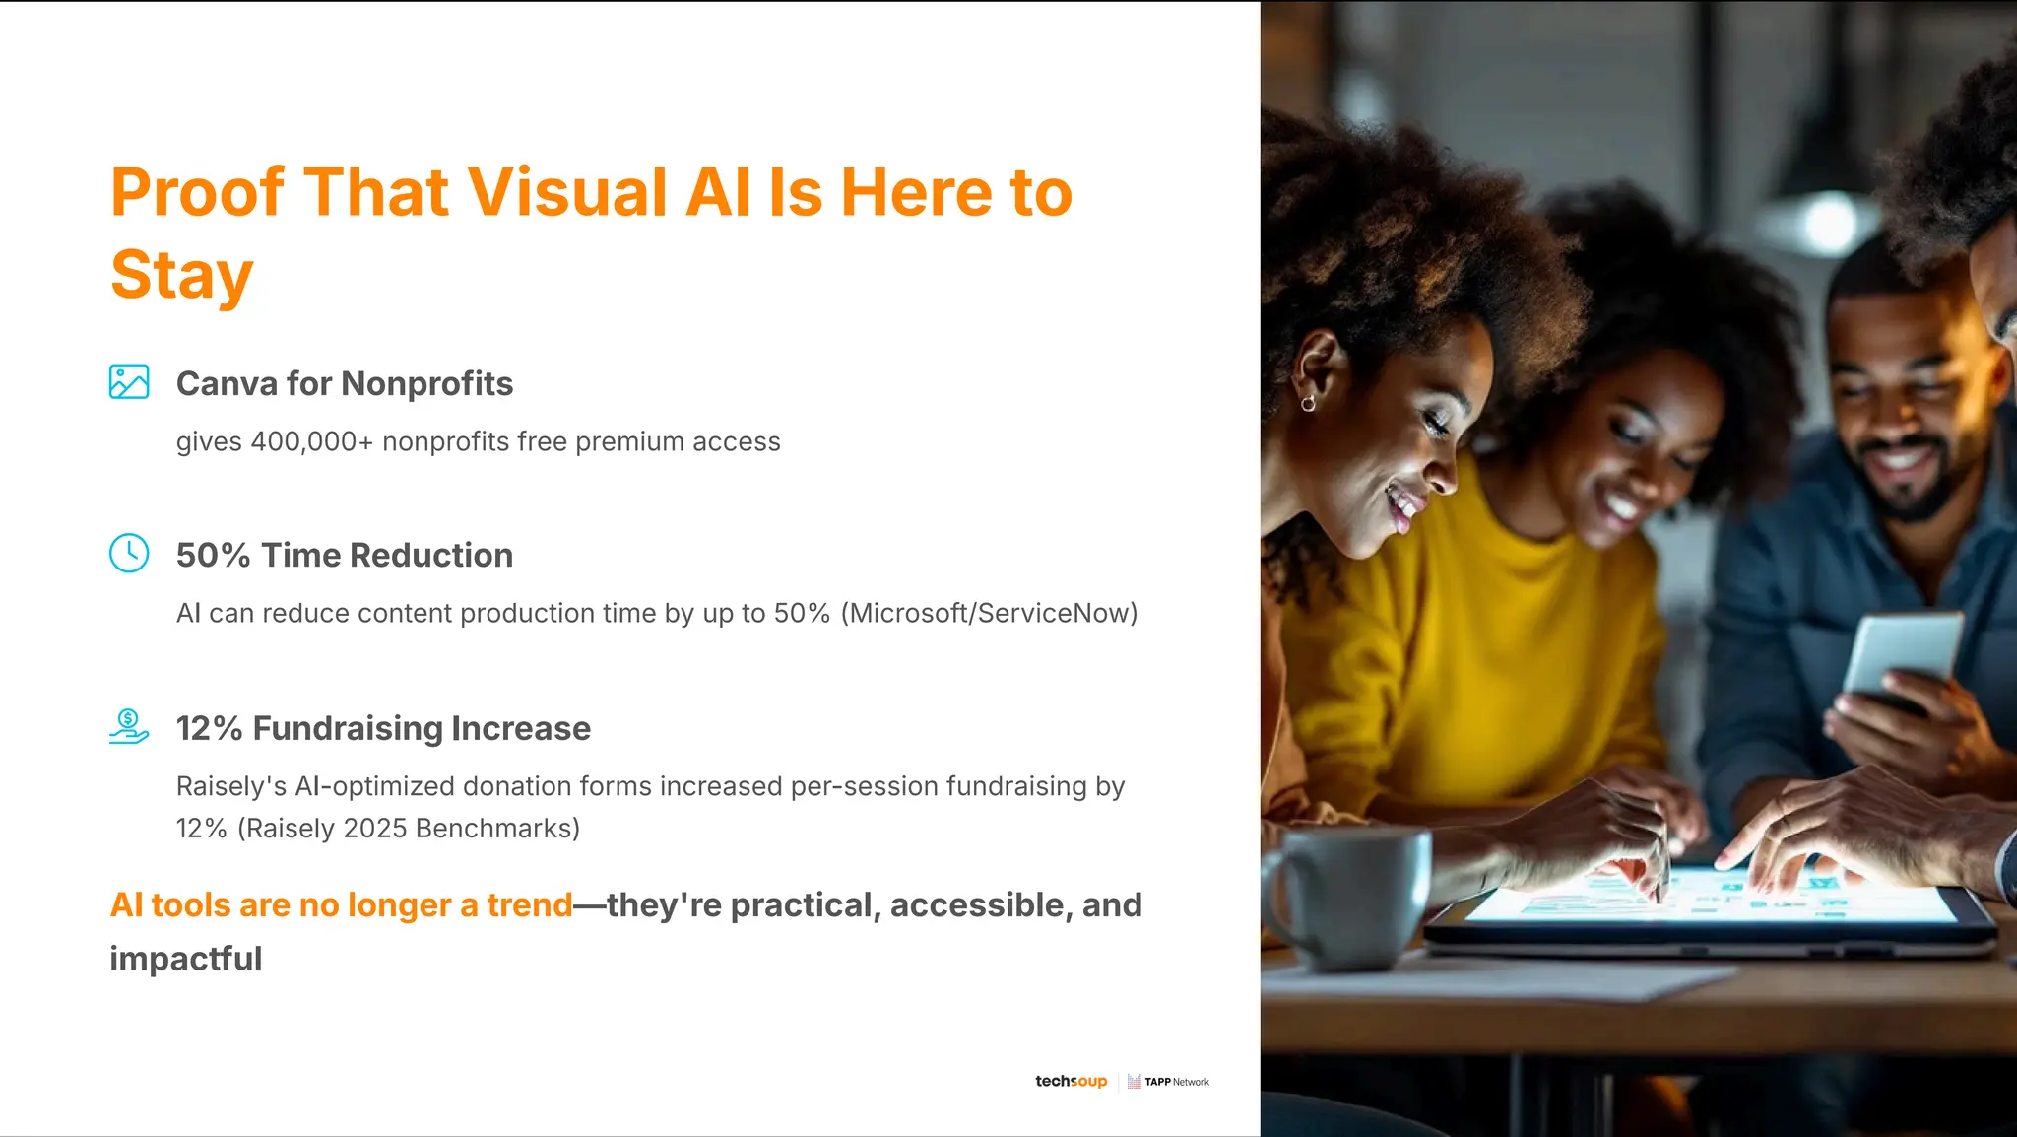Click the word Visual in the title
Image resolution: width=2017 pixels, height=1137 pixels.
tap(567, 192)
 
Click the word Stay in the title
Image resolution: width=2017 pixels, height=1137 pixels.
tap(182, 275)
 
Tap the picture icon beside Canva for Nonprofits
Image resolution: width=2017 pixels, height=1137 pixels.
tap(129, 382)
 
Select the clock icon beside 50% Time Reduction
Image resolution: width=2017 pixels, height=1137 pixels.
tap(129, 553)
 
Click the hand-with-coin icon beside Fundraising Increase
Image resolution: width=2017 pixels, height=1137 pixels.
tap(129, 726)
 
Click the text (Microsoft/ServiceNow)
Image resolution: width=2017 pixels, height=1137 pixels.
tap(989, 613)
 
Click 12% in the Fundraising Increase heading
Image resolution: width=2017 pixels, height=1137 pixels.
tap(209, 728)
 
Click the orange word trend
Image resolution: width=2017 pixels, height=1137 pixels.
tap(529, 904)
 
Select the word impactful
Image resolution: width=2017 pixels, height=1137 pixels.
tap(185, 959)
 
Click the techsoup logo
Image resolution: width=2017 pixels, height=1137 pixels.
tap(1071, 1082)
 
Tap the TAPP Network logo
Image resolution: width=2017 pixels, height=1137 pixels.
tap(1169, 1082)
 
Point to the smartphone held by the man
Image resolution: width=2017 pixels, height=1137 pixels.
tap(1901, 655)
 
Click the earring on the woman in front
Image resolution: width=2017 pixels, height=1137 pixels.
tap(1308, 403)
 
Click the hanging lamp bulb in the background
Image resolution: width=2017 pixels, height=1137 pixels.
tap(1830, 221)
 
